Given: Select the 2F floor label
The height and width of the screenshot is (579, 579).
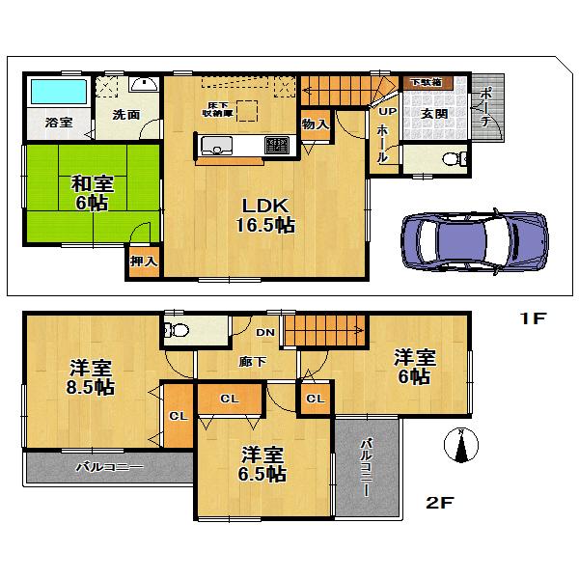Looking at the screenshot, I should (440, 503).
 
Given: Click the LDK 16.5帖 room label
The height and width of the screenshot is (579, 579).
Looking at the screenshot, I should (262, 214).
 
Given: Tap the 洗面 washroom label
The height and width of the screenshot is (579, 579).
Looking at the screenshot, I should (125, 115).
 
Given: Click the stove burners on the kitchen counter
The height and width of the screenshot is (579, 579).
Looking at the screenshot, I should (277, 146).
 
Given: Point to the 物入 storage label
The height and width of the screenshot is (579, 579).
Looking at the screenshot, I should (315, 124).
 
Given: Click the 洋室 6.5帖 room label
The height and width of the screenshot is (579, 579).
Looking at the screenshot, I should (262, 464).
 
